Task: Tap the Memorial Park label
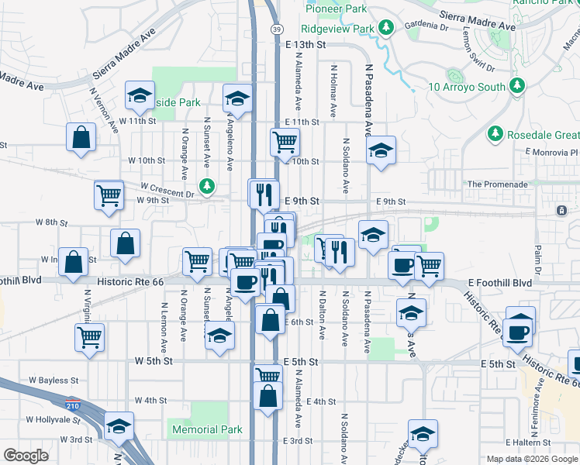(207, 429)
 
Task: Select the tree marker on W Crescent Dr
(207, 186)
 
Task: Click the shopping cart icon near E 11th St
(285, 141)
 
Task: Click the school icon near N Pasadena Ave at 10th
(381, 150)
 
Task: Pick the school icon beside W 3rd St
(119, 425)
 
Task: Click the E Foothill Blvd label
(501, 283)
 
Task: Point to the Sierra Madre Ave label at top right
(477, 20)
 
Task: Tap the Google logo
(26, 456)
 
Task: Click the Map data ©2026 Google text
(531, 459)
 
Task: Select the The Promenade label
(498, 184)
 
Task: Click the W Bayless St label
(54, 381)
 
